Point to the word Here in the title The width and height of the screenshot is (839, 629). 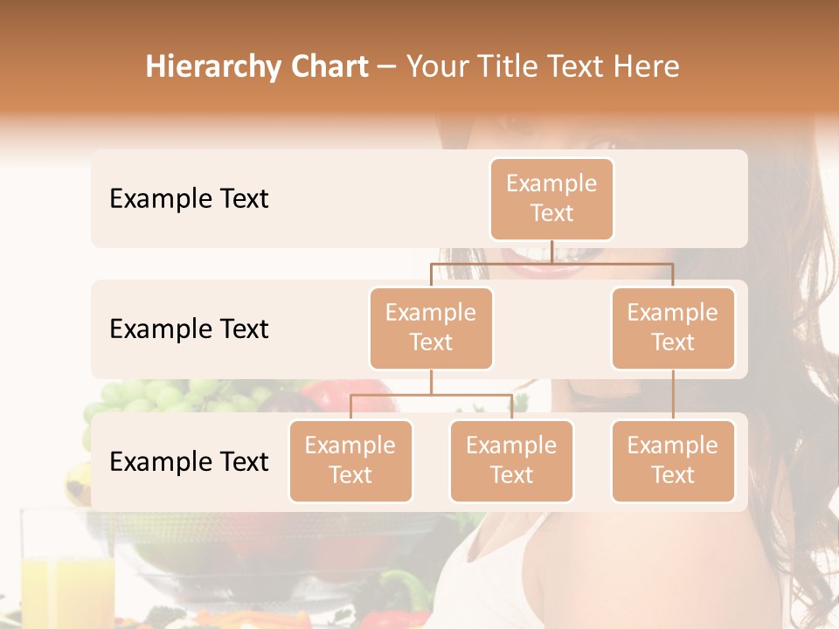pos(648,66)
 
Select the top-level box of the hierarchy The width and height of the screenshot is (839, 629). pos(551,198)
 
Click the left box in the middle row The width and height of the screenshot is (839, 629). pos(431,328)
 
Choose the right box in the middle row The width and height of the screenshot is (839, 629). pos(673,328)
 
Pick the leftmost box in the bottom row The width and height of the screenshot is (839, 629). pos(350,460)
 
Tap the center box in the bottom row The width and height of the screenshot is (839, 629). pos(511,460)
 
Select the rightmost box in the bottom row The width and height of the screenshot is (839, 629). pos(673,460)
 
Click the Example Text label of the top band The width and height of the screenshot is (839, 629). pos(189,198)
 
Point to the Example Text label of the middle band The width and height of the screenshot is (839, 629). pos(189,328)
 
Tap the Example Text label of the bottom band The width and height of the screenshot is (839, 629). pos(189,461)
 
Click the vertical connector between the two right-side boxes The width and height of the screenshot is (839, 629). pos(673,395)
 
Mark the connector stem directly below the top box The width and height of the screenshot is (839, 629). pos(551,252)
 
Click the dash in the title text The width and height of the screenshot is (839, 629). pos(386,67)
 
